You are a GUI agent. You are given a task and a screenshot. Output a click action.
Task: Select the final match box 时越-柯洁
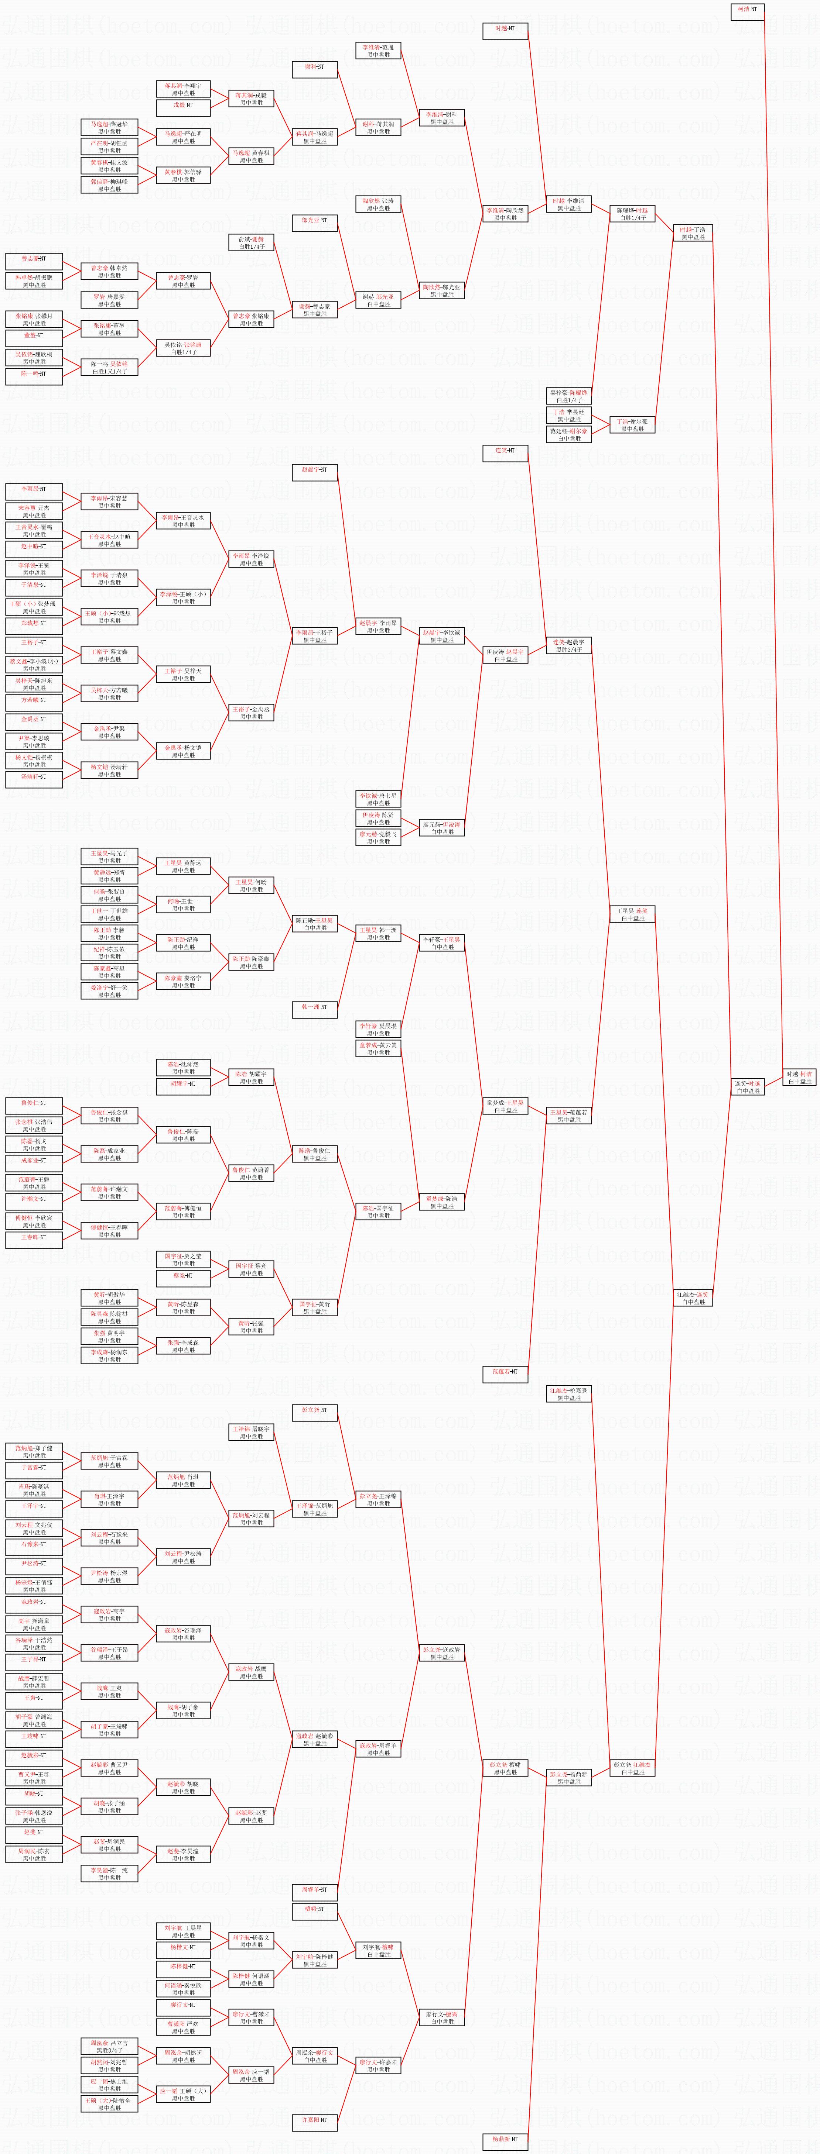point(799,1077)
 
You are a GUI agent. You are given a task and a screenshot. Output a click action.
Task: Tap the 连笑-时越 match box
point(747,1087)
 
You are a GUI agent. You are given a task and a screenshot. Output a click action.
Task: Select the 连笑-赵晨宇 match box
point(569,645)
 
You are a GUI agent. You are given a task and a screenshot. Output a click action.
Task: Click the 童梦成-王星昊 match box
point(505,1106)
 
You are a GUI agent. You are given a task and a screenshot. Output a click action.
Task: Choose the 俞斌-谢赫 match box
point(251,242)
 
